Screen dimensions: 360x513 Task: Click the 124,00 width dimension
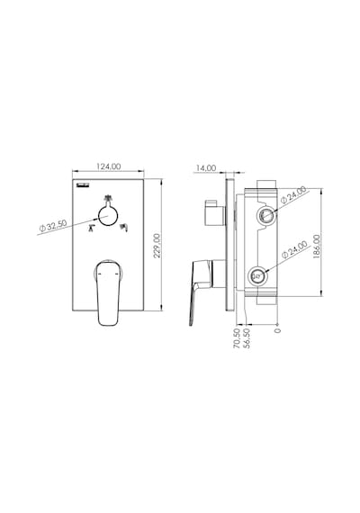pos(109,166)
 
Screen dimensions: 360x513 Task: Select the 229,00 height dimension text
pos(157,246)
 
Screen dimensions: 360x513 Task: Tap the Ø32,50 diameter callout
pos(53,226)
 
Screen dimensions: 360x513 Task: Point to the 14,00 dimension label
pos(206,168)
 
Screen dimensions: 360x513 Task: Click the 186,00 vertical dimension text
pos(317,247)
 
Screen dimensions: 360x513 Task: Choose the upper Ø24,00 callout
pos(293,195)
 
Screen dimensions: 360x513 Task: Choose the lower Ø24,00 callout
pos(294,249)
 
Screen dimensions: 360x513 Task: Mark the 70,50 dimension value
pos(237,338)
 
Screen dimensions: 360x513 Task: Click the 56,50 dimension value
pos(247,338)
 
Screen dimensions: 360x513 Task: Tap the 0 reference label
pos(277,330)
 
